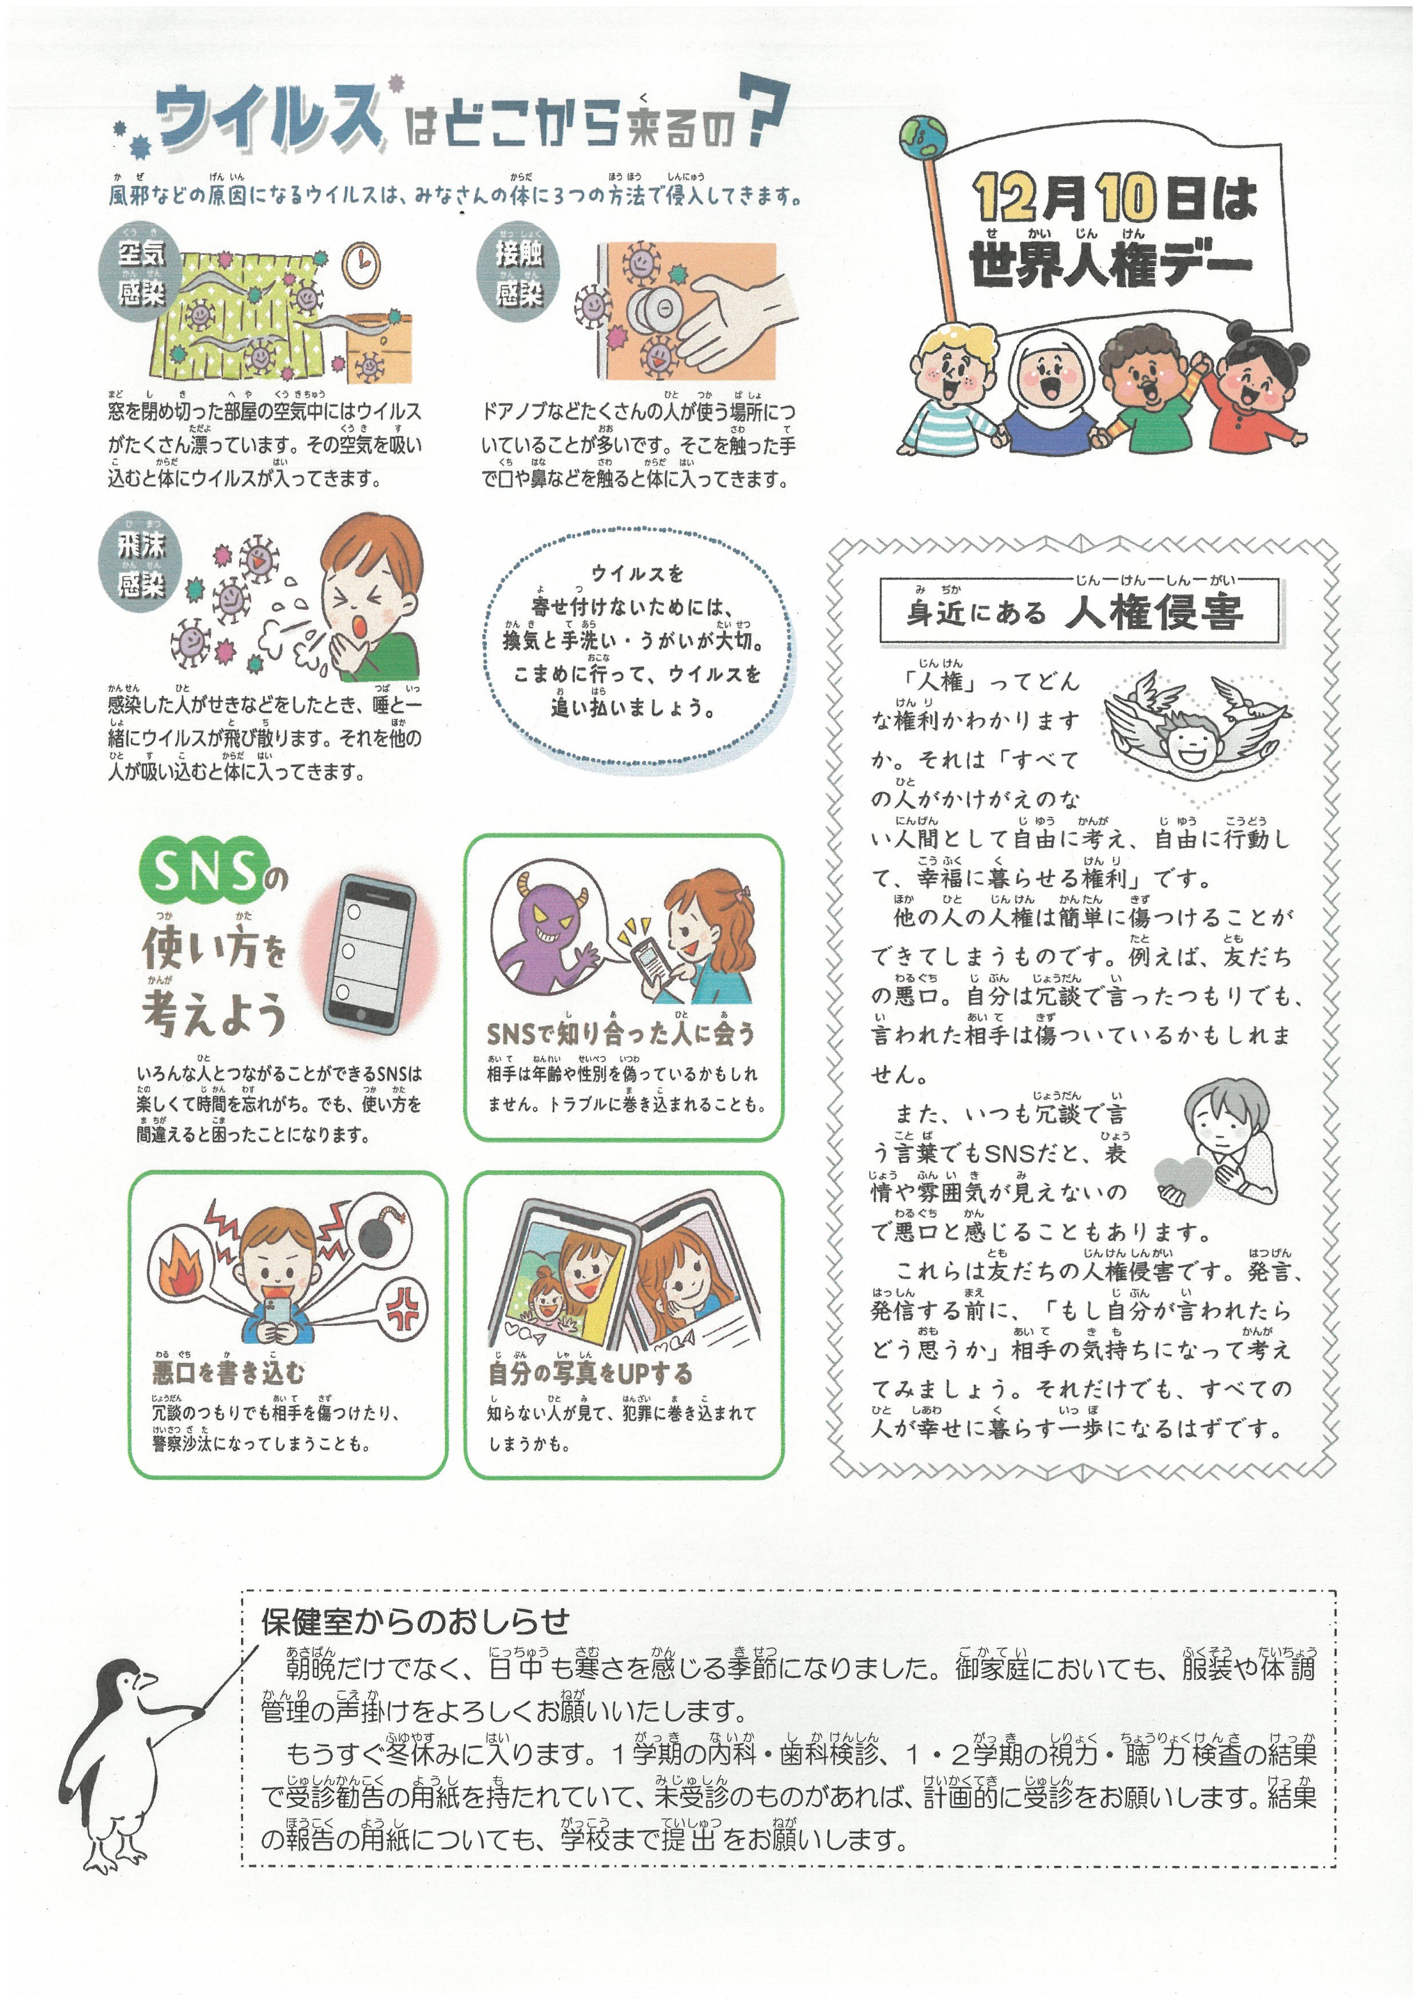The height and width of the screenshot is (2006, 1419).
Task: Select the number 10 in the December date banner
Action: (x=1128, y=198)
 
